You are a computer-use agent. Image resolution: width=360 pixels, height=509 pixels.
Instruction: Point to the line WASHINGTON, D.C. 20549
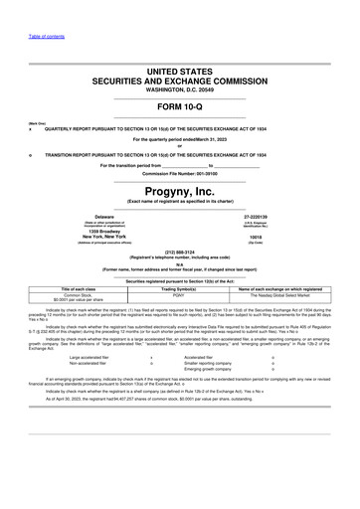coord(180,89)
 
